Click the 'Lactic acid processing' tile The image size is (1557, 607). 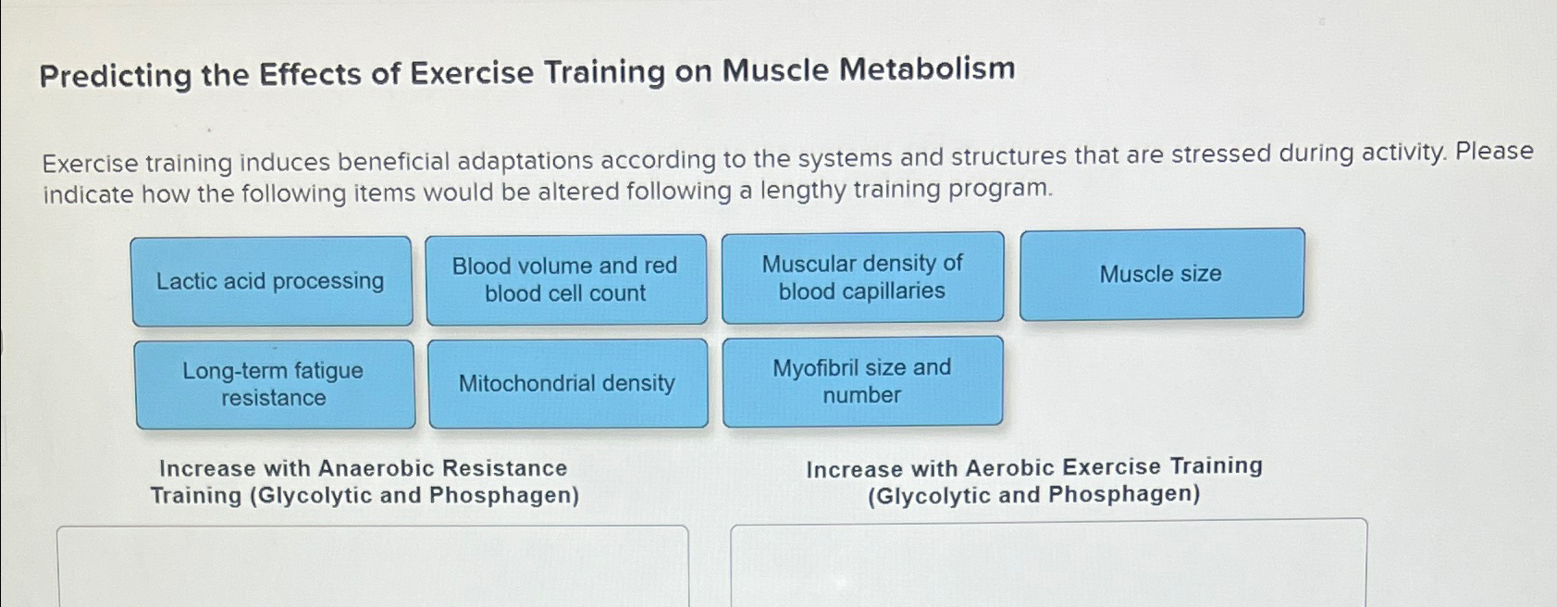271,281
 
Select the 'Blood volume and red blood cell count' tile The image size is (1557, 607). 565,279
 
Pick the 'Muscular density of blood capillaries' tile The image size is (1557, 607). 862,278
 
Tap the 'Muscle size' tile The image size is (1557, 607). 1161,274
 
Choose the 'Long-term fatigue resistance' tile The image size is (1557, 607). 274,384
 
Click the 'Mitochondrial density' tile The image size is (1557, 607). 567,383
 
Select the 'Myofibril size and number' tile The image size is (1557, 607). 862,381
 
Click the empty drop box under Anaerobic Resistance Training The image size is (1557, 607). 372,566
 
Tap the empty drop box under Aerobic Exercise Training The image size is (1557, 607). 1048,564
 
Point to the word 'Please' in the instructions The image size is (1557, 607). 1494,152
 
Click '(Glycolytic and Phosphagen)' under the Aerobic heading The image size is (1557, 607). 1033,495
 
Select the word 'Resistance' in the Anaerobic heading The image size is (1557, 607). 514,468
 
